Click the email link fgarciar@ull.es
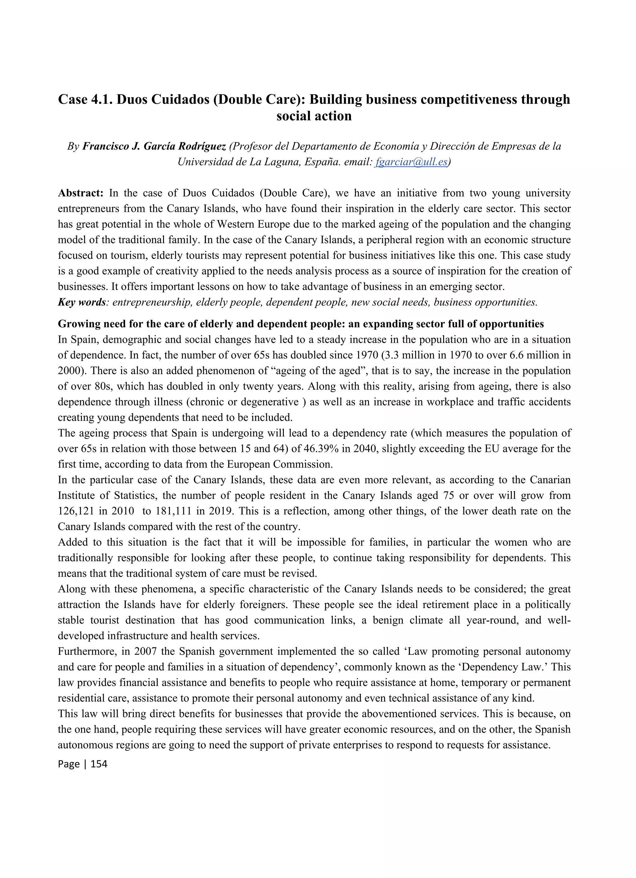[x=411, y=162]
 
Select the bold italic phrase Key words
[x=81, y=302]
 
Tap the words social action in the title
[x=314, y=116]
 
